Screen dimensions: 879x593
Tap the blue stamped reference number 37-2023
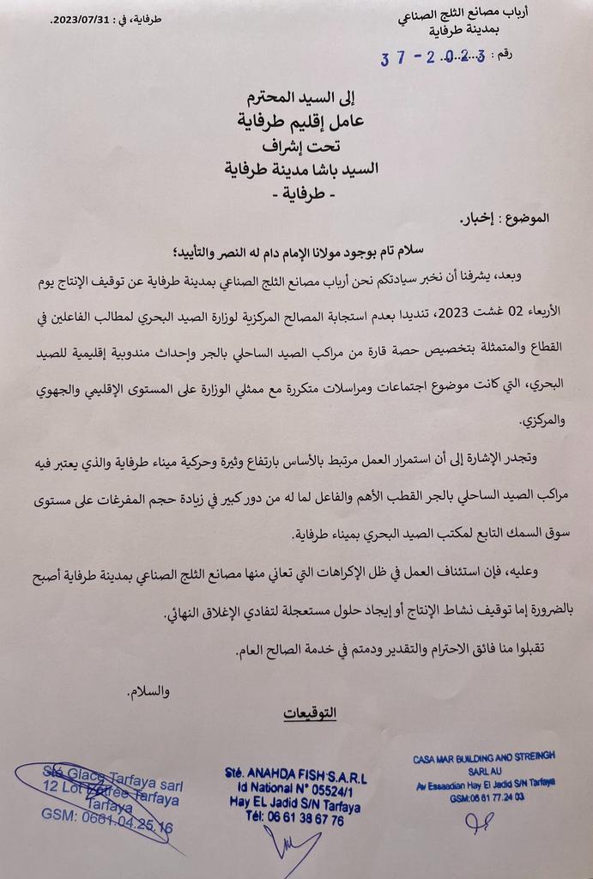pos(433,58)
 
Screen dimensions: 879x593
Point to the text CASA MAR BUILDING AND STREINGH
pos(483,755)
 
